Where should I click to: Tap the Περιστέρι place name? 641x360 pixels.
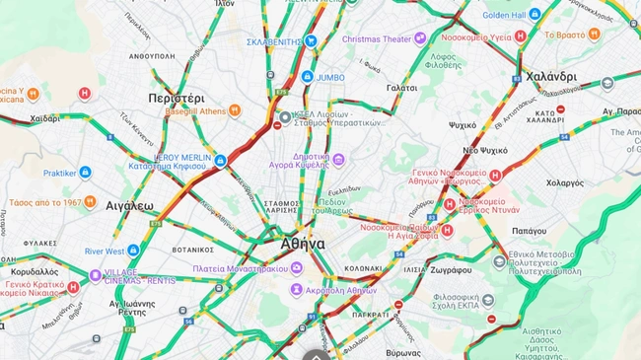tap(177, 99)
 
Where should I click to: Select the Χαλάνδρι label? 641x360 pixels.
tap(551, 76)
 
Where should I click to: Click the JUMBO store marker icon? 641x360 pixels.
tap(308, 76)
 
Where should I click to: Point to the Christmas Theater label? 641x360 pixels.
tap(377, 38)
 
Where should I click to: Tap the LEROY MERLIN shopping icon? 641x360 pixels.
tap(220, 161)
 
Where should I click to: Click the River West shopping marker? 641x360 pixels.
tap(133, 251)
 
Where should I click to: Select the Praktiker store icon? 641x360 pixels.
tap(85, 172)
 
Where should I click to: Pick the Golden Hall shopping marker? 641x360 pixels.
tap(534, 15)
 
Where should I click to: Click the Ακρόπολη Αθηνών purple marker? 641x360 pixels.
tap(296, 290)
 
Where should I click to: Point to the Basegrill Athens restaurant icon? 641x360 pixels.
tap(235, 110)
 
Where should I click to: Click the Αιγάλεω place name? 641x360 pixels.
tap(129, 206)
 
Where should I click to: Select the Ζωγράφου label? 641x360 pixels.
tap(451, 268)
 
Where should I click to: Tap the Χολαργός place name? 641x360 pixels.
tap(565, 182)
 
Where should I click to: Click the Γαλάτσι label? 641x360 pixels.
tap(401, 88)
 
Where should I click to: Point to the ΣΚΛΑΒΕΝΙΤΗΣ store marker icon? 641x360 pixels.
tap(312, 41)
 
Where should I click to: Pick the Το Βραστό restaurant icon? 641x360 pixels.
tap(594, 34)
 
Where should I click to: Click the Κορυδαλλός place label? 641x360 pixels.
tap(35, 271)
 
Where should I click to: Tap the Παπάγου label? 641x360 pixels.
tap(529, 231)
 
